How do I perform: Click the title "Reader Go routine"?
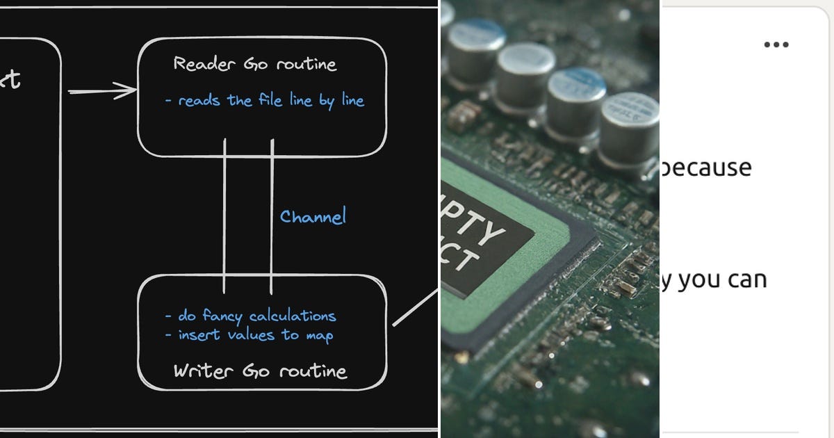click(x=254, y=65)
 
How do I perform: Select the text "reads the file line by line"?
click(x=270, y=101)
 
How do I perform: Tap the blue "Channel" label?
click(x=313, y=216)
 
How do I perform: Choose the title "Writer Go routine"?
click(x=259, y=371)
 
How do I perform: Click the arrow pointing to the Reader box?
click(x=103, y=90)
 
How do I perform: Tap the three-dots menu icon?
click(x=776, y=45)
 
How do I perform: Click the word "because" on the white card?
click(x=707, y=168)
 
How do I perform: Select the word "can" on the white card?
click(x=746, y=280)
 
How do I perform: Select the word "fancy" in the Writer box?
click(x=222, y=317)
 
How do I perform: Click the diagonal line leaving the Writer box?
click(x=415, y=308)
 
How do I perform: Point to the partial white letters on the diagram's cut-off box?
click(x=10, y=80)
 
